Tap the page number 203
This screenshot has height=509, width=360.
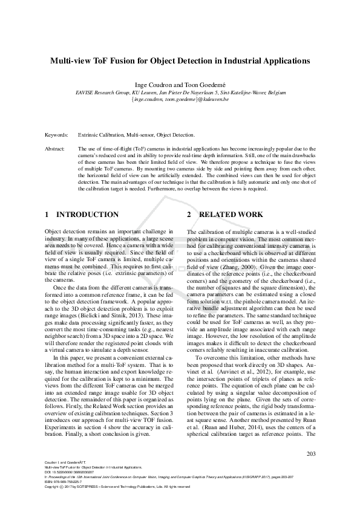(312, 454)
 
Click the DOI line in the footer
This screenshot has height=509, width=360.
(71, 472)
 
